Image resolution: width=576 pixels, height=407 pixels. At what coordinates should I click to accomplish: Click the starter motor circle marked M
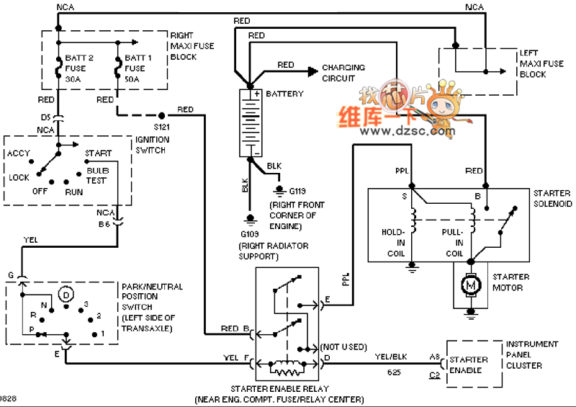[x=472, y=287]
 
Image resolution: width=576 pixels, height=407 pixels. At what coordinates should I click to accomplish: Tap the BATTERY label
[x=285, y=94]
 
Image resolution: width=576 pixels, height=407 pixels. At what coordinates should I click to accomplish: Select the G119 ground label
[x=297, y=192]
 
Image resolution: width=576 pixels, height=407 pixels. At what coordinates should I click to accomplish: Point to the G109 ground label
[x=251, y=234]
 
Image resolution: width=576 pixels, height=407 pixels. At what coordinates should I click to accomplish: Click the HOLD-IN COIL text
[x=395, y=243]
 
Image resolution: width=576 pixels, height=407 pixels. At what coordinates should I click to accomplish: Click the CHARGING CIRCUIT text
[x=343, y=73]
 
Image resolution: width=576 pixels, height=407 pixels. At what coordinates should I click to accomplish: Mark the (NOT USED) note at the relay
[x=346, y=346]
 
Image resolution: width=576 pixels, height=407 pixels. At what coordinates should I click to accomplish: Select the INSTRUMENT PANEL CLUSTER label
[x=532, y=355]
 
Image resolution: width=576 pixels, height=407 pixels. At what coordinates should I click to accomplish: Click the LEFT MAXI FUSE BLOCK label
[x=541, y=63]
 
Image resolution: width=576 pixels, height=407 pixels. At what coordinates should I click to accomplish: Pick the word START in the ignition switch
[x=98, y=153]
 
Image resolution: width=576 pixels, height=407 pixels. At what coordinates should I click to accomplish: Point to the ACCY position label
[x=19, y=153]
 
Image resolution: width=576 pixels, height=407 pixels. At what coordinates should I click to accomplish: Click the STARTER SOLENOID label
[x=553, y=199]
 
